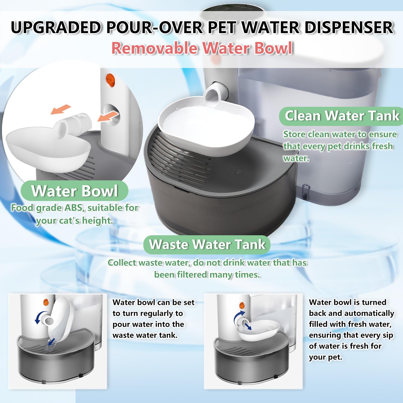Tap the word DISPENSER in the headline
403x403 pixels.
click(349, 28)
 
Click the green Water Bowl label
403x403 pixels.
click(75, 191)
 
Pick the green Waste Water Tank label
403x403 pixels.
click(207, 245)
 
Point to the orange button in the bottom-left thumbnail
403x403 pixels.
click(46, 302)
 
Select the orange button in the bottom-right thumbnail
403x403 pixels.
click(242, 305)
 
